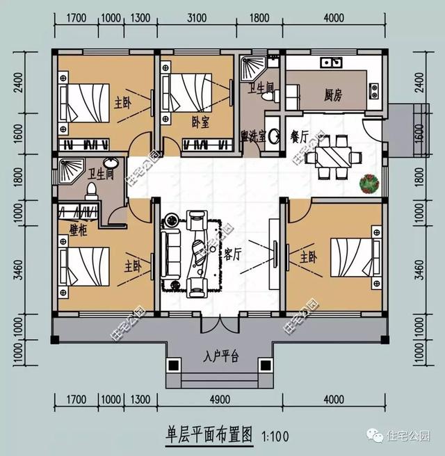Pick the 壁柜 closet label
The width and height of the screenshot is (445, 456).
click(x=79, y=230)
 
